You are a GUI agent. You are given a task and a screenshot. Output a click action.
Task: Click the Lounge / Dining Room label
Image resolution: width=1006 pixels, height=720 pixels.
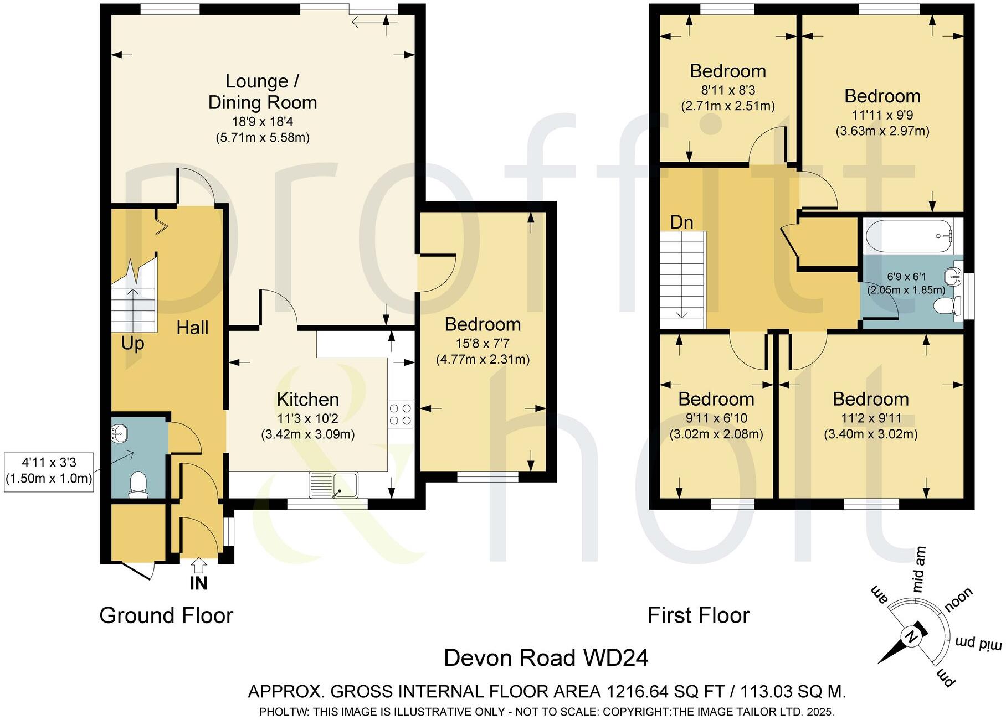pyautogui.click(x=263, y=92)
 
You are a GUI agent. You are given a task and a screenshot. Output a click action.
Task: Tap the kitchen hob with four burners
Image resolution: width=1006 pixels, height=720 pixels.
pyautogui.click(x=401, y=414)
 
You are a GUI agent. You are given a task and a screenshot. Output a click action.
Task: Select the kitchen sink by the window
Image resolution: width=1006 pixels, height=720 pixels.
pyautogui.click(x=333, y=485)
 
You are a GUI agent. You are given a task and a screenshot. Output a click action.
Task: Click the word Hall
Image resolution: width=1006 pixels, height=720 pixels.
pyautogui.click(x=192, y=328)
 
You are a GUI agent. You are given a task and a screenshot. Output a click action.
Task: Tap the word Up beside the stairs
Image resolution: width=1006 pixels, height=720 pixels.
pyautogui.click(x=132, y=344)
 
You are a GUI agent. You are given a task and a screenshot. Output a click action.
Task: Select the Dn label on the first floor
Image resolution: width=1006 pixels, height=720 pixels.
pyautogui.click(x=681, y=222)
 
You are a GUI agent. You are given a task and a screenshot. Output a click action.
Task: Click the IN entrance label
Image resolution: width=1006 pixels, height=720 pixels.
pyautogui.click(x=198, y=583)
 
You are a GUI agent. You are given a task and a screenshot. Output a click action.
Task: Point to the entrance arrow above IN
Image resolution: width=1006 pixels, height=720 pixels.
pyautogui.click(x=198, y=565)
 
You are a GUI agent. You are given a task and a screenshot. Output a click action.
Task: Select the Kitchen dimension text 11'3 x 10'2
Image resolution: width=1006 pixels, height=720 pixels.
pyautogui.click(x=307, y=418)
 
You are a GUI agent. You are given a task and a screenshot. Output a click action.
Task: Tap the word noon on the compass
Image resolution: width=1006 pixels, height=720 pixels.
pyautogui.click(x=958, y=599)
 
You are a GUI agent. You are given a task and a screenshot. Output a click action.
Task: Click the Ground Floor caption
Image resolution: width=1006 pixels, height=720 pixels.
pyautogui.click(x=166, y=615)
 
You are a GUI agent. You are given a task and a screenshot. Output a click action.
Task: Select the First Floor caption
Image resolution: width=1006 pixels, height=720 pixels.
pyautogui.click(x=699, y=615)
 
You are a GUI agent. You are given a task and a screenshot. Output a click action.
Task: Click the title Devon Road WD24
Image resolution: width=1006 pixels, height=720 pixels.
pyautogui.click(x=546, y=658)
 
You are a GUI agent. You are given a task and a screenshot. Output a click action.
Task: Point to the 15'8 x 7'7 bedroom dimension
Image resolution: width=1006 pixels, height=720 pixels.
pyautogui.click(x=483, y=344)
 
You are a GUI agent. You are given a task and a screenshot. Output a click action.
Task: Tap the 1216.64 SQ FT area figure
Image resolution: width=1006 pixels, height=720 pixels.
pyautogui.click(x=666, y=691)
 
